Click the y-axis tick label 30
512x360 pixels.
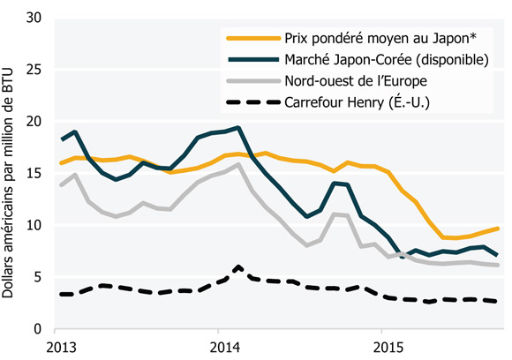point(37,18)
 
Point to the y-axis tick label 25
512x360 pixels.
point(37,70)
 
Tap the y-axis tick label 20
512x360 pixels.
point(37,122)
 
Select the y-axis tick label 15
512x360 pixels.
point(37,174)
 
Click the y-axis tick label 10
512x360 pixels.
point(37,225)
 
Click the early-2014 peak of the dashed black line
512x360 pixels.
point(238,266)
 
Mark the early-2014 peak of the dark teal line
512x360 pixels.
point(238,128)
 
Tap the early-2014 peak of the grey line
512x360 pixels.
point(238,164)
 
